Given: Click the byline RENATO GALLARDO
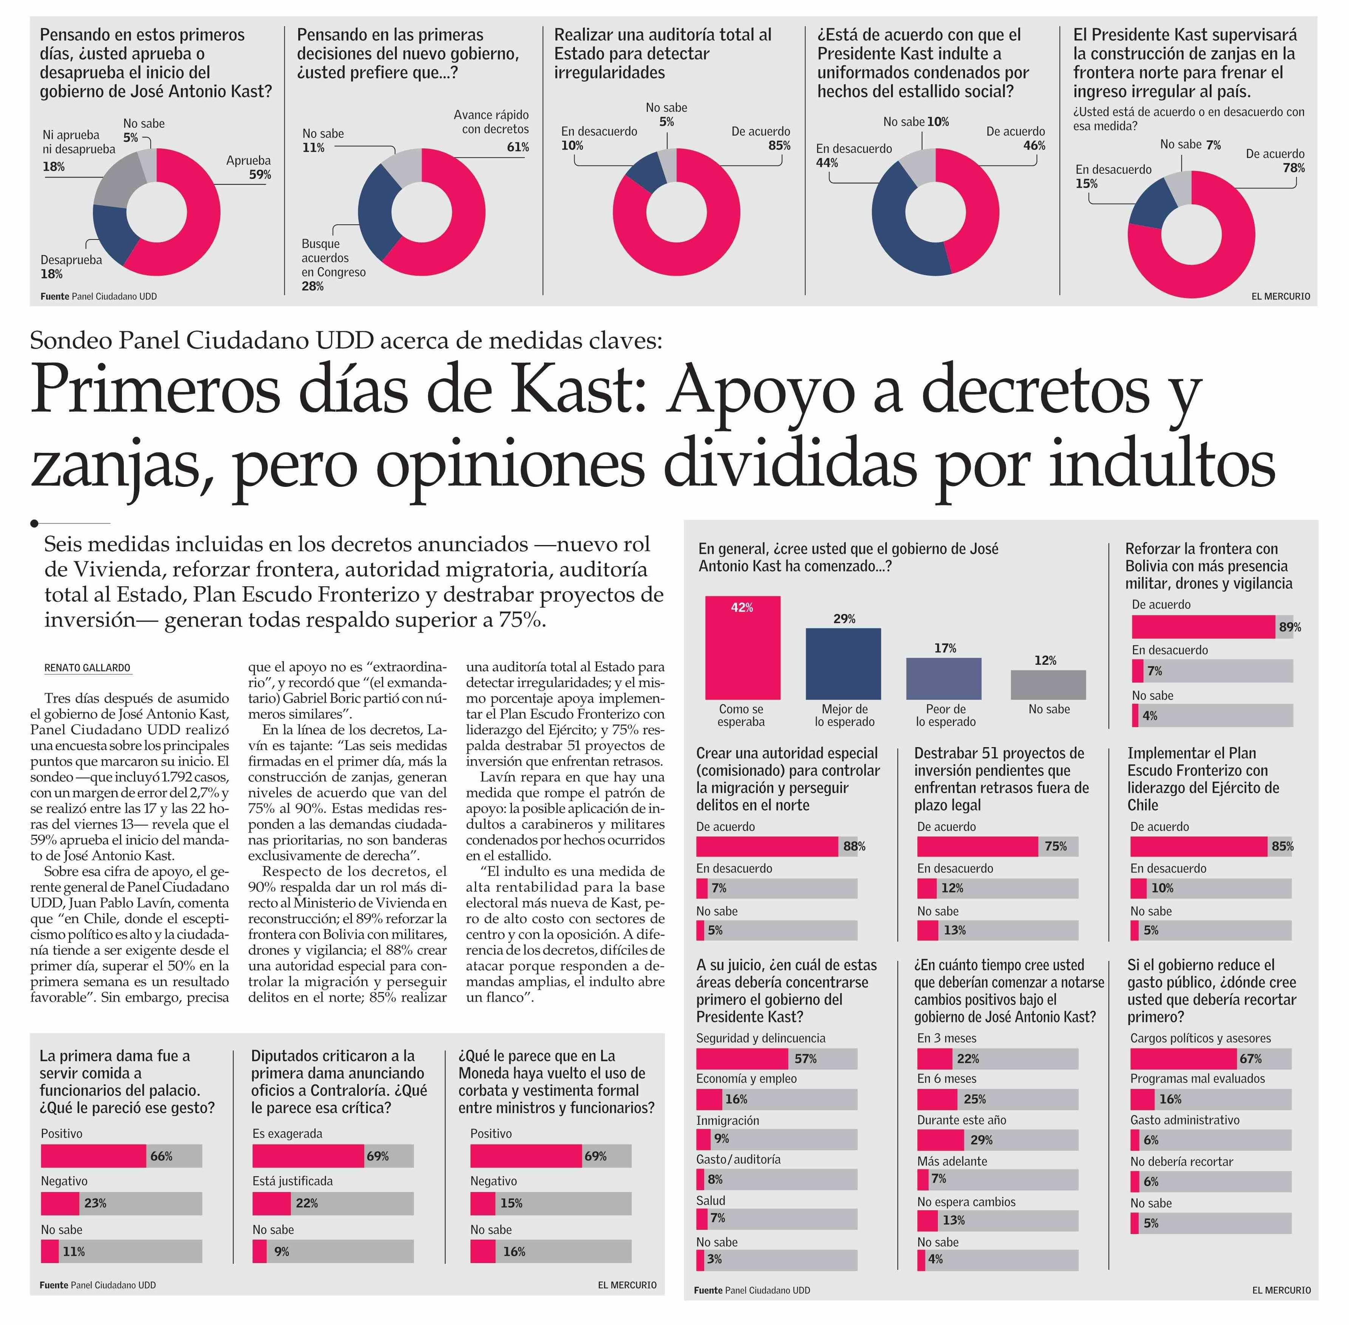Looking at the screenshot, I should coord(87,667).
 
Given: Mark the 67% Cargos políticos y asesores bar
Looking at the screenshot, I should coord(1183,1058).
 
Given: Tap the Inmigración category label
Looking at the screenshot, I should coord(727,1120).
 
